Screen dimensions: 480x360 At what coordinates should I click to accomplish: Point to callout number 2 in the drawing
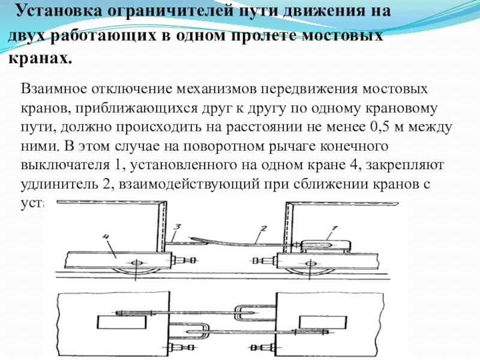point(262,229)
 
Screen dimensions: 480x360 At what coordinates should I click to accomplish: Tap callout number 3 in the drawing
point(177,227)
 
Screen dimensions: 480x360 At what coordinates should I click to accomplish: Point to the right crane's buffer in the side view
point(264,260)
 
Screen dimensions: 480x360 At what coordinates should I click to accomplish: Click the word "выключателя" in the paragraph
point(60,165)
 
